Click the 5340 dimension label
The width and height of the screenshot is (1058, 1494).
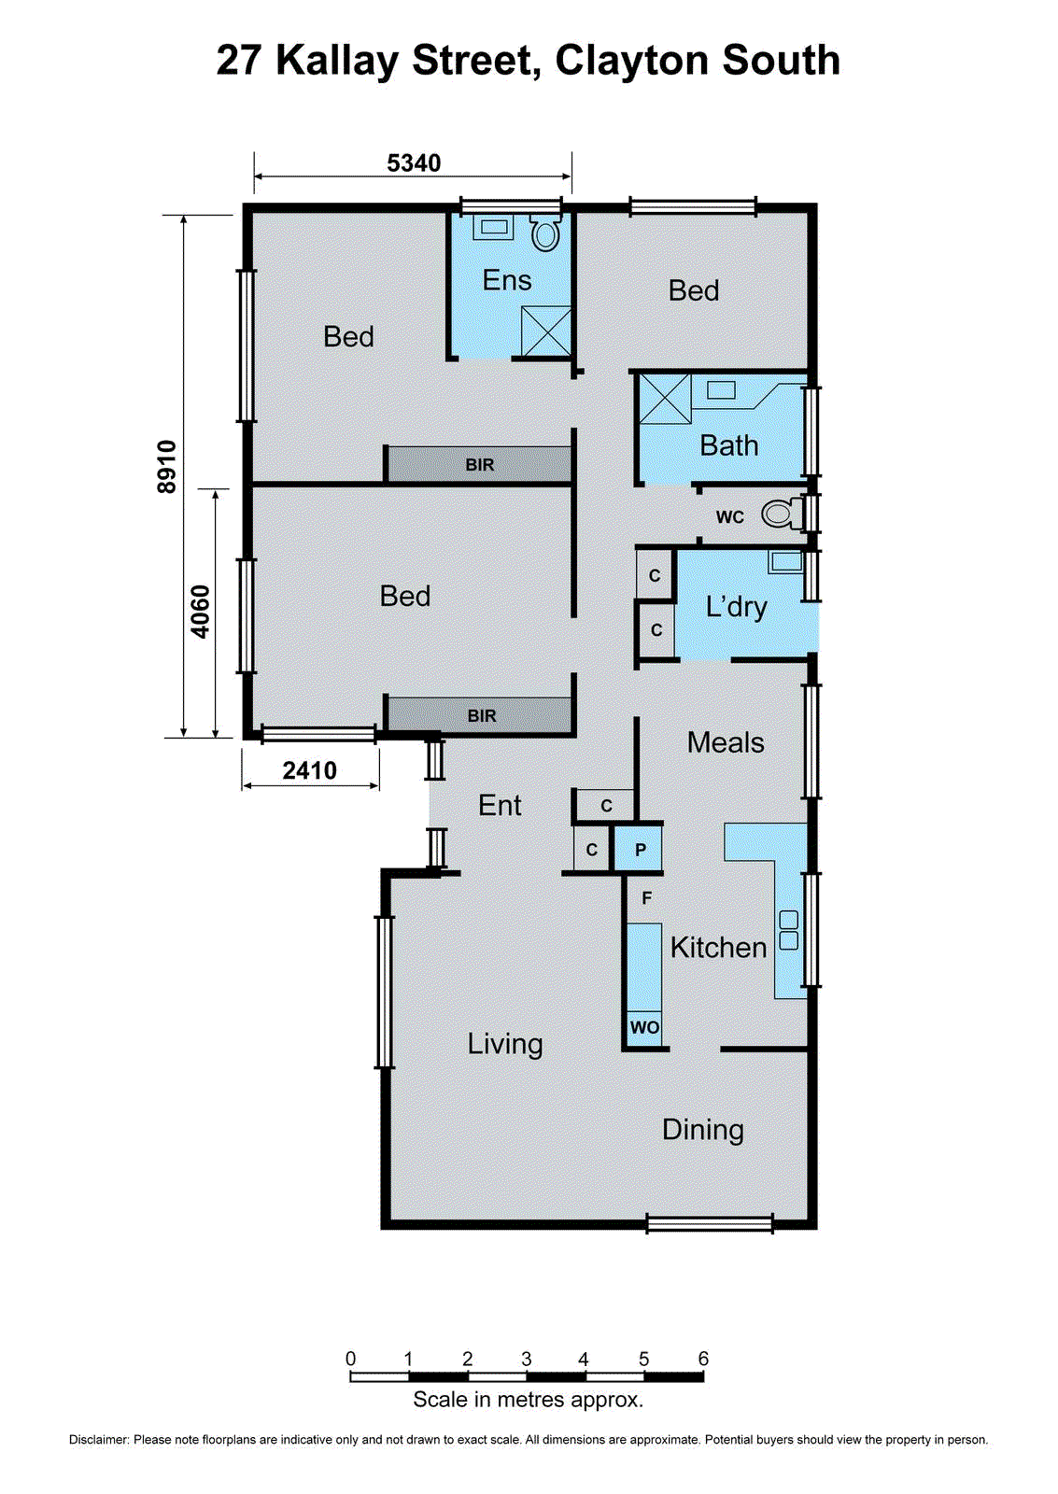[414, 163]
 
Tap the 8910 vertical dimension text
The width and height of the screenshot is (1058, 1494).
[166, 467]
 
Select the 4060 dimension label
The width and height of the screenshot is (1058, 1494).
[201, 612]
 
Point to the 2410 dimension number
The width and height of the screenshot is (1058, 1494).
[309, 770]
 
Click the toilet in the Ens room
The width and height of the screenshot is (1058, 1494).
[545, 233]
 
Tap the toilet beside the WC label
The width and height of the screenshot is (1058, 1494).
[782, 514]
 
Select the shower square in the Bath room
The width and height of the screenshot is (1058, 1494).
[665, 399]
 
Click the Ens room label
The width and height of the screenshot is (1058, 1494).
[507, 280]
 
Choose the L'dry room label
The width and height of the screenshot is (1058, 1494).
[736, 607]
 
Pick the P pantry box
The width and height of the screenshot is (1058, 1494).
[640, 850]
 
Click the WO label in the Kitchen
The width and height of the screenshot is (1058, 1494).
[644, 1027]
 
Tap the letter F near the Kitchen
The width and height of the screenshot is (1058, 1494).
[646, 898]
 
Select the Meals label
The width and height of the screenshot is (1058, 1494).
[726, 742]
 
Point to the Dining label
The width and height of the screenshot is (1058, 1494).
[703, 1130]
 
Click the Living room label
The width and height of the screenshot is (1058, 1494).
[505, 1044]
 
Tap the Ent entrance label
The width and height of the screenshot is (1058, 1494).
[500, 805]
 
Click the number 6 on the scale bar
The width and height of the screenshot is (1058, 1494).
[703, 1359]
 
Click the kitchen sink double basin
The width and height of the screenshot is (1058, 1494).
[789, 930]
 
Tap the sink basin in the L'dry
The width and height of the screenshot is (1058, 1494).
[786, 561]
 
